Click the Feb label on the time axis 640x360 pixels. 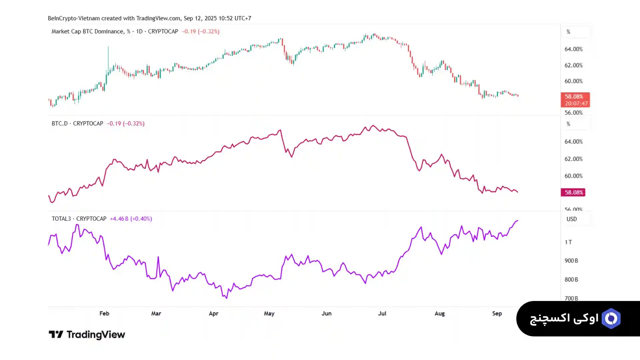[104, 313]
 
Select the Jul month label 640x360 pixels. [382, 313]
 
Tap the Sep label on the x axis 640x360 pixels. [497, 313]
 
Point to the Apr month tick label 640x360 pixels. [213, 313]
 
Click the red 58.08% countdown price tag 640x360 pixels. [575, 100]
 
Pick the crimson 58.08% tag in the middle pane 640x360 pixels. [573, 192]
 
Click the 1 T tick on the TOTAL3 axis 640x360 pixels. [568, 242]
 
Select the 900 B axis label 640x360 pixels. [571, 261]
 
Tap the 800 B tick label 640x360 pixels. [571, 280]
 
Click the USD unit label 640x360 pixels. [571, 219]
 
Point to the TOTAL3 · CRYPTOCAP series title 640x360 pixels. [79, 219]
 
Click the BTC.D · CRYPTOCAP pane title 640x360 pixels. [77, 123]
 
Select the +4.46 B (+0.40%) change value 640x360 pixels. [131, 219]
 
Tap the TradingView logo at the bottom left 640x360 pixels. [87, 334]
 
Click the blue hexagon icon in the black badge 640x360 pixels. [611, 319]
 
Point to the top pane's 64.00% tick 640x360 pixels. [573, 49]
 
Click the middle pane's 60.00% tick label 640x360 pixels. [573, 176]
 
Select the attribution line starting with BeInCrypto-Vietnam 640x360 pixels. [149, 18]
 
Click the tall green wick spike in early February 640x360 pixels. [108, 57]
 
